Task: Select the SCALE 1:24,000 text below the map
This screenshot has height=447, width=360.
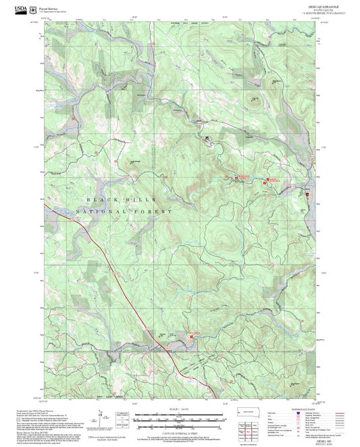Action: point(179,409)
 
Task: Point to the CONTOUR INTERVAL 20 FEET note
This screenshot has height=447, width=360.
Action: point(179,430)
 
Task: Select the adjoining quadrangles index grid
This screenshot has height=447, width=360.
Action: point(250,428)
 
